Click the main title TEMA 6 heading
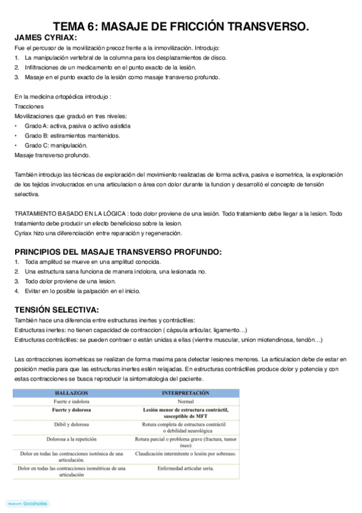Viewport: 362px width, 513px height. (181, 26)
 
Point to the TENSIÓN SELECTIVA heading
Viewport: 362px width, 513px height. (57, 310)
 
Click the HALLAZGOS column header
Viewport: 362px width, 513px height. (71, 393)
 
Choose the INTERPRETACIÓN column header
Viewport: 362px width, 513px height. (186, 393)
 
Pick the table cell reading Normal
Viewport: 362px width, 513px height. (186, 401)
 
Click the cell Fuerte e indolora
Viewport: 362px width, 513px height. (71, 401)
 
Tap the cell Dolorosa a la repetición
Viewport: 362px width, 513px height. (71, 439)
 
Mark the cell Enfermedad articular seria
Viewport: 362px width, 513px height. (186, 468)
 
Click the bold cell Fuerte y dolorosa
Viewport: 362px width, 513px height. (71, 410)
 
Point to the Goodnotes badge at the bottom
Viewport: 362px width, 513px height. (22, 503)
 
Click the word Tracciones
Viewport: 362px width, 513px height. (29, 106)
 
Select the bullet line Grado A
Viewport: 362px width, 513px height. (77, 126)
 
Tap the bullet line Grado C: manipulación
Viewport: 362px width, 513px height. (56, 145)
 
